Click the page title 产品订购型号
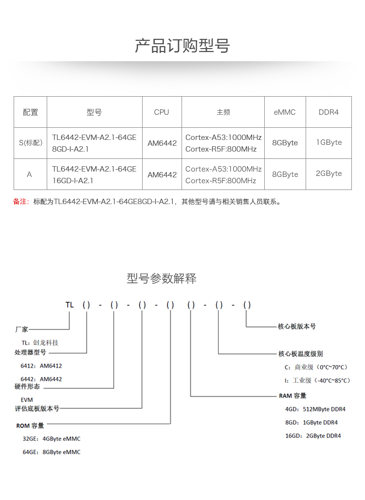pos(182,46)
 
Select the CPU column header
pos(162,112)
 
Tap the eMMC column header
pos(285,112)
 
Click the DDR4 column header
pos(328,112)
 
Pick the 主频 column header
pos(223,112)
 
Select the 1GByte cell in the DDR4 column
pos(329,142)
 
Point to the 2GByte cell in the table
pos(329,173)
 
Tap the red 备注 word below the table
pos(21,202)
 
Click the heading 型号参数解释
pos(162,278)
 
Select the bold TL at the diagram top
pos(70,305)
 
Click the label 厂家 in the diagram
pos(22,329)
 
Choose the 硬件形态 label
pos(27,387)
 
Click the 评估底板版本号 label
pos(37,409)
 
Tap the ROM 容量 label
pos(30,426)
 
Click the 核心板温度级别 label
pos(300,354)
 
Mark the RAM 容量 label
pos(292,396)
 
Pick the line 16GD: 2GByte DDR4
pos(313,436)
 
